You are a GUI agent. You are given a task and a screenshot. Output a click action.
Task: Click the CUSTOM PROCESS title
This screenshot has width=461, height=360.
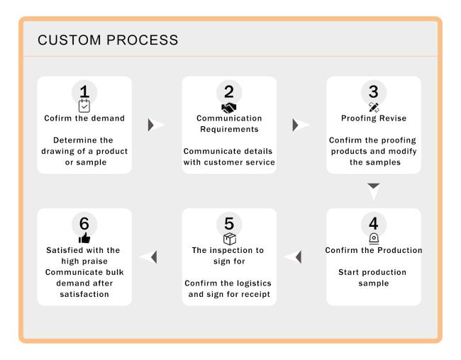pyautogui.click(x=108, y=40)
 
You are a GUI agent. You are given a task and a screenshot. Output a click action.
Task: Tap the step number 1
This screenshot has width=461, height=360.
pyautogui.click(x=84, y=91)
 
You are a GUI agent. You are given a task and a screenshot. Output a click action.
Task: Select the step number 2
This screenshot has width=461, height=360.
pyautogui.click(x=229, y=91)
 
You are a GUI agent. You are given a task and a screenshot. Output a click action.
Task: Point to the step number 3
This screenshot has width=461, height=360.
pyautogui.click(x=373, y=91)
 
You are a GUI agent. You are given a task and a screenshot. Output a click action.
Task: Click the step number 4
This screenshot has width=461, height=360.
pyautogui.click(x=373, y=223)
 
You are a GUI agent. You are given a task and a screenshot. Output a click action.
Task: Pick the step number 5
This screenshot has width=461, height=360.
pyautogui.click(x=229, y=223)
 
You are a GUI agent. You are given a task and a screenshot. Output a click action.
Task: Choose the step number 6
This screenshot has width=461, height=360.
pyautogui.click(x=84, y=223)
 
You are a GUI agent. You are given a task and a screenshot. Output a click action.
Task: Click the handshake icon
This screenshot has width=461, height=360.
pyautogui.click(x=229, y=108)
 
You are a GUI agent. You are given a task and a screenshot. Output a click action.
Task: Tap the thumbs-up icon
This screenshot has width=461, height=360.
pyautogui.click(x=84, y=237)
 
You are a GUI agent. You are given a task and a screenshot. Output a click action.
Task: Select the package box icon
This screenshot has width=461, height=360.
pyautogui.click(x=230, y=239)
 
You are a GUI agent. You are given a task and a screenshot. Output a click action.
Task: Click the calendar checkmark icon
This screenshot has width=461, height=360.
pyautogui.click(x=84, y=106)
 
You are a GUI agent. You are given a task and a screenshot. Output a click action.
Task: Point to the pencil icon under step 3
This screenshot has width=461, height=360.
pyautogui.click(x=374, y=107)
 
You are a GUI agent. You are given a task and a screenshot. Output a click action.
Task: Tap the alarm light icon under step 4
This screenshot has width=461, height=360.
pyautogui.click(x=374, y=239)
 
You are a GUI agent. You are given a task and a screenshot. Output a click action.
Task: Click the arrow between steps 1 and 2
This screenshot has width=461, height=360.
pyautogui.click(x=155, y=125)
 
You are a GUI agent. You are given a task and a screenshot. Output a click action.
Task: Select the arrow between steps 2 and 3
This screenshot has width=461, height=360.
pyautogui.click(x=300, y=125)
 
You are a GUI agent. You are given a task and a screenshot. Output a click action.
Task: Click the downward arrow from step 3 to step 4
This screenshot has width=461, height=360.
pyautogui.click(x=374, y=191)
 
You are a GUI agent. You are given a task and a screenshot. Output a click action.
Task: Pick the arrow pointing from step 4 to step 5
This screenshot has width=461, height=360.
pyautogui.click(x=294, y=257)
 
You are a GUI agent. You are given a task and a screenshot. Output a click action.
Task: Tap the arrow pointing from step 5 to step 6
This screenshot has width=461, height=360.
pyautogui.click(x=149, y=257)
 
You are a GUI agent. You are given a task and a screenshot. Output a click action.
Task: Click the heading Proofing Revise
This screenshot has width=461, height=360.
pyautogui.click(x=374, y=118)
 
